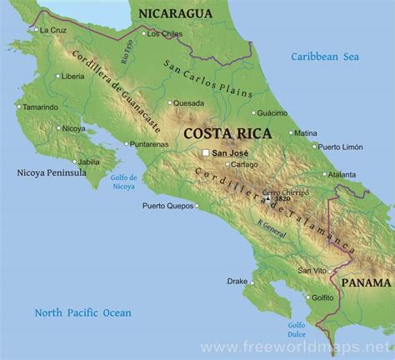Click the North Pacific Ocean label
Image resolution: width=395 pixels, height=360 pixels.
click(82, 312)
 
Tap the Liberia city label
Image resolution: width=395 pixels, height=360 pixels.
click(73, 76)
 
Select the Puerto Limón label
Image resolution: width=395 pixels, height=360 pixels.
click(340, 147)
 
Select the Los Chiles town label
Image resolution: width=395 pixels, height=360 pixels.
click(164, 34)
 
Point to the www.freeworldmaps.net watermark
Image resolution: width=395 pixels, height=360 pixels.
click(307, 345)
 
